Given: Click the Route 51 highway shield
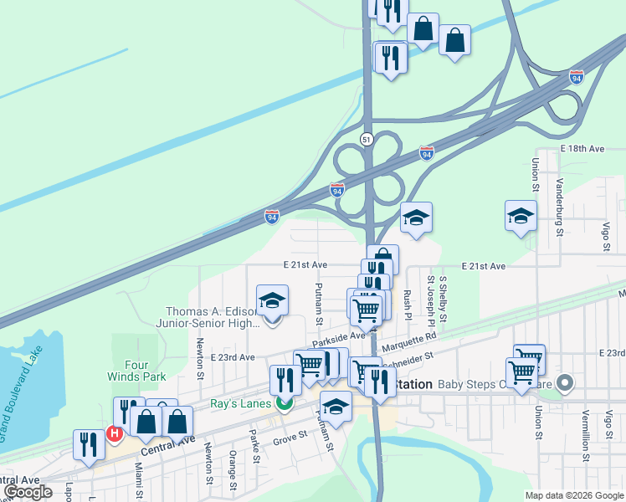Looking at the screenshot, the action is (367, 139).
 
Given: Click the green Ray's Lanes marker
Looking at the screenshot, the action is (285, 403).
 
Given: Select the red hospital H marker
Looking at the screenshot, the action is (114, 435).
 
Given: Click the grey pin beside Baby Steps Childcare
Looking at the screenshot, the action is (565, 385).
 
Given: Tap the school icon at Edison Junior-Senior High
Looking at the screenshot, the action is (272, 300).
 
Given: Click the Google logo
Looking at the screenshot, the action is (28, 492).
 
